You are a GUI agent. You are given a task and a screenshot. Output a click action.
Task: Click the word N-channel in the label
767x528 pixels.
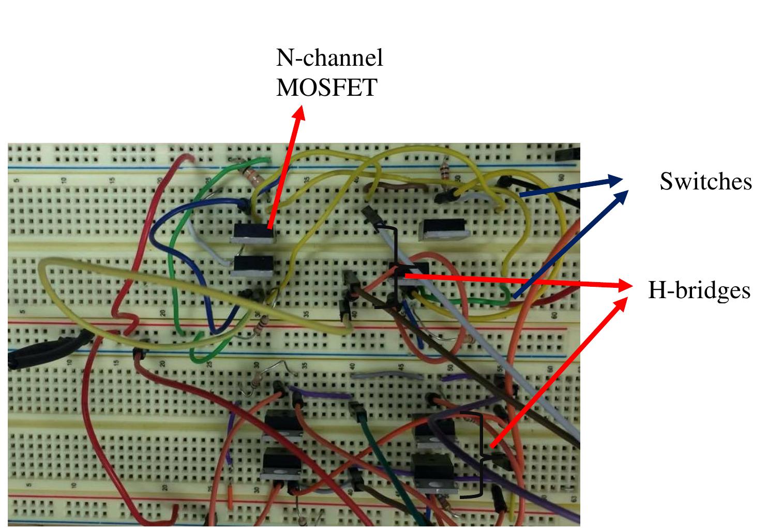click(x=329, y=57)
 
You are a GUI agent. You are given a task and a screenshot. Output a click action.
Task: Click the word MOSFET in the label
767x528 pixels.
click(x=326, y=87)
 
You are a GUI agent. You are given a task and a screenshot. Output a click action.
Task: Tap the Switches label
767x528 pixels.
click(x=705, y=181)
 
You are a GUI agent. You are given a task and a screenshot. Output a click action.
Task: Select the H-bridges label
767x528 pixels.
click(x=699, y=290)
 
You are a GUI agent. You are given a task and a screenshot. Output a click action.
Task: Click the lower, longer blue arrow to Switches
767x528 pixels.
click(x=569, y=243)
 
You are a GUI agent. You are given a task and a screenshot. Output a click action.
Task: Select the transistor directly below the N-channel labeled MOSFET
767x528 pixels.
click(x=252, y=266)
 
